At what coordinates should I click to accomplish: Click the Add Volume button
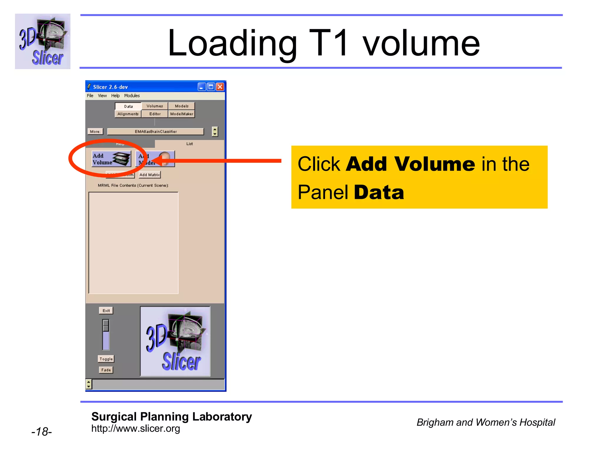tap(111, 159)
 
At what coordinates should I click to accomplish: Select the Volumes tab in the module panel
tap(155, 106)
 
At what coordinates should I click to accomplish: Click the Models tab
tap(181, 106)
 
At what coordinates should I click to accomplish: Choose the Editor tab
tap(155, 114)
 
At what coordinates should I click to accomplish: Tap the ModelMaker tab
tap(182, 114)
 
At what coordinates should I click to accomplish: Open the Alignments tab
tap(128, 114)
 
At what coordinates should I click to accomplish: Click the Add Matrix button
tap(150, 175)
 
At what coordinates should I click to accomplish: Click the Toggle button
tap(106, 359)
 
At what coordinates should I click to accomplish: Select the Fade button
tap(106, 370)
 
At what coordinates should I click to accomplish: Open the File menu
tap(90, 96)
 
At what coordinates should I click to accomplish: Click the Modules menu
tap(132, 96)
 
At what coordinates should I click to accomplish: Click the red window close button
tap(220, 87)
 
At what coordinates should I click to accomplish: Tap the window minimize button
tap(202, 87)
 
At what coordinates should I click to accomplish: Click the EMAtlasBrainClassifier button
tap(155, 132)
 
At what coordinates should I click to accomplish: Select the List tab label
tap(190, 144)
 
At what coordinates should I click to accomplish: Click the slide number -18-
tap(42, 432)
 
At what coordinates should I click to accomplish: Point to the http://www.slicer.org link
tap(135, 429)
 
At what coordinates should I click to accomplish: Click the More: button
tap(95, 132)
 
